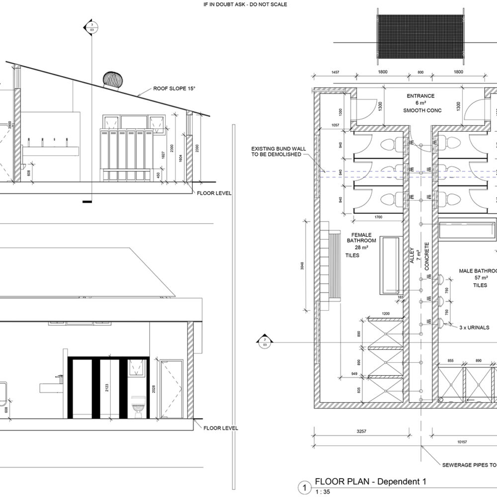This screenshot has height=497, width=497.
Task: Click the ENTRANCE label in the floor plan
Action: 420,96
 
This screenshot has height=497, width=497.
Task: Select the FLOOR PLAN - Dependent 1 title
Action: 370,482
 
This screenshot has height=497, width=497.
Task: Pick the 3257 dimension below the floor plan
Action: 361,431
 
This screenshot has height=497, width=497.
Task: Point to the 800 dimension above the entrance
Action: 420,73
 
